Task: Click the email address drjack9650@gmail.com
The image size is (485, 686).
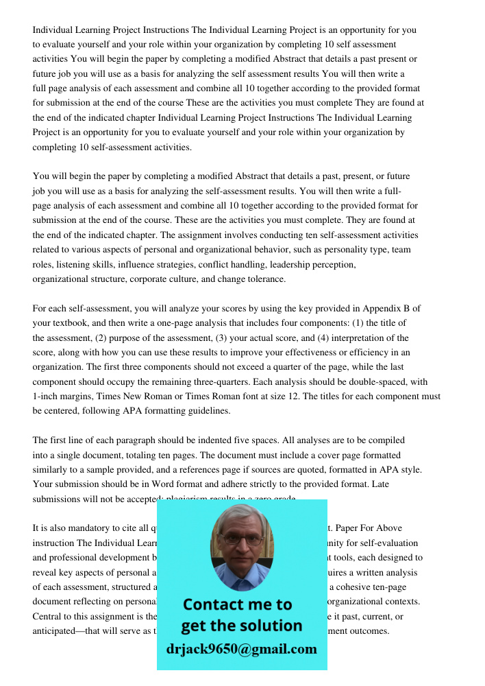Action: click(241, 649)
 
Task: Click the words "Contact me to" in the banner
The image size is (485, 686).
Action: click(238, 604)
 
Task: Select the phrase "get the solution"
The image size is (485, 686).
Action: click(241, 626)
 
